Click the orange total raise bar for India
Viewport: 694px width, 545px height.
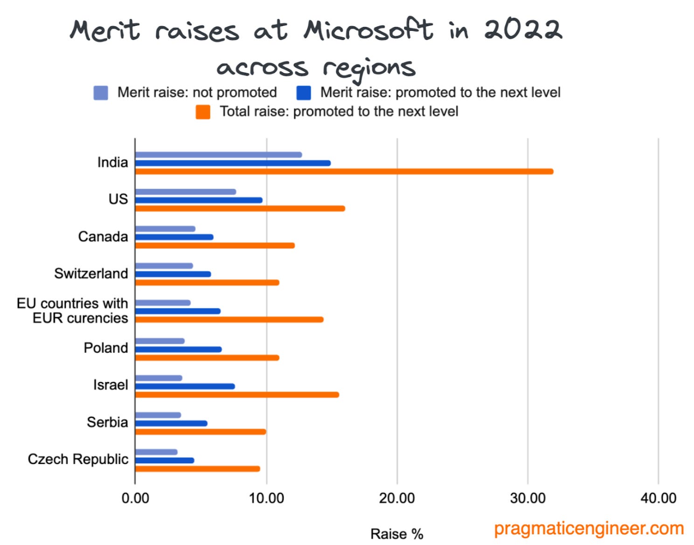click(x=344, y=171)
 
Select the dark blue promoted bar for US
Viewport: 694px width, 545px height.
click(x=199, y=200)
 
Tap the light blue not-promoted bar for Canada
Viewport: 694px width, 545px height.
click(x=165, y=229)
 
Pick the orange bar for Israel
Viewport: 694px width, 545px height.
click(x=237, y=395)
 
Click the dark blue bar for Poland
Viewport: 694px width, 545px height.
click(x=178, y=349)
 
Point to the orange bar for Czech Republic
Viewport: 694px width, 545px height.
click(x=197, y=469)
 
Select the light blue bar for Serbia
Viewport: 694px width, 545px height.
click(x=158, y=415)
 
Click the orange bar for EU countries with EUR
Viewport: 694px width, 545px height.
click(x=229, y=320)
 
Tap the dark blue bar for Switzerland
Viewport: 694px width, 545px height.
click(x=173, y=274)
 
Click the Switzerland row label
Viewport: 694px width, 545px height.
click(x=91, y=273)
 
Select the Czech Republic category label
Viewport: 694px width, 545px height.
click(x=78, y=459)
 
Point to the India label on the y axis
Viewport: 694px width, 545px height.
click(x=112, y=163)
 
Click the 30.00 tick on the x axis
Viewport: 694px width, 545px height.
click(x=527, y=498)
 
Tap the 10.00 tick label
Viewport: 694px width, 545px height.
click(x=266, y=498)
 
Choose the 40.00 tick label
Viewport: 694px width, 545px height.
click(x=658, y=498)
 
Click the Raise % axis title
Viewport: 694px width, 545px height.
click(x=396, y=534)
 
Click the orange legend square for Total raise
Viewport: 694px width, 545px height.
click(x=203, y=112)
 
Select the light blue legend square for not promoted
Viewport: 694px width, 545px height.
click(x=101, y=93)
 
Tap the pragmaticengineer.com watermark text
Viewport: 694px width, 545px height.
click(x=589, y=529)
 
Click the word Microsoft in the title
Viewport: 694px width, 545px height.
click(x=368, y=30)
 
